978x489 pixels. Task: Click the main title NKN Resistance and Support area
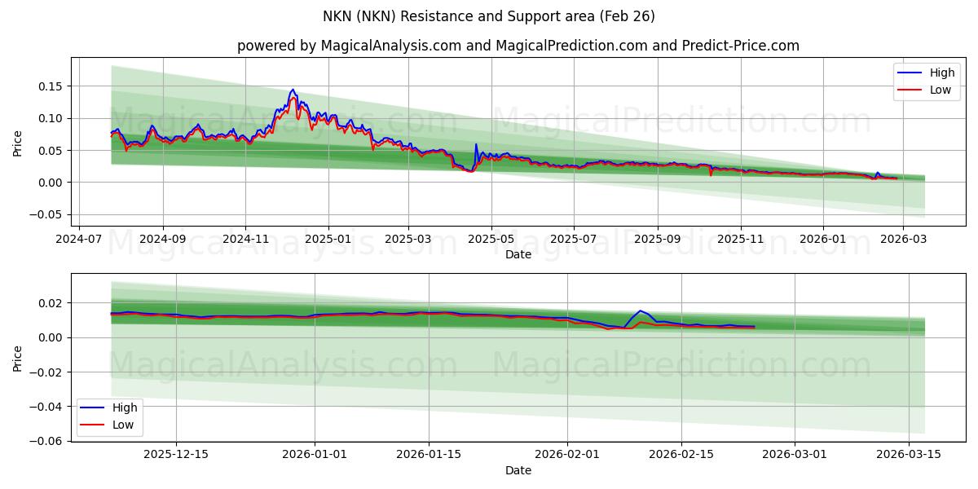489,16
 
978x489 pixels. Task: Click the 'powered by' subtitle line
518,46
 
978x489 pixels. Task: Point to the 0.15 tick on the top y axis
51,86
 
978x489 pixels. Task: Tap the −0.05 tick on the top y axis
47,214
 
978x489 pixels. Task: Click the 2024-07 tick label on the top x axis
79,239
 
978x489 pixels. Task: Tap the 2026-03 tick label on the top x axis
905,239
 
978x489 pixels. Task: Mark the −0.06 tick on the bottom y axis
47,441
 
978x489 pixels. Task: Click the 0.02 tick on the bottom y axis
51,303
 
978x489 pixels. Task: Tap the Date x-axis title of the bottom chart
518,470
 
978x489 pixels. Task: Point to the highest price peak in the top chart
293,90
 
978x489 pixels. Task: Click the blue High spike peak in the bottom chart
641,311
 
